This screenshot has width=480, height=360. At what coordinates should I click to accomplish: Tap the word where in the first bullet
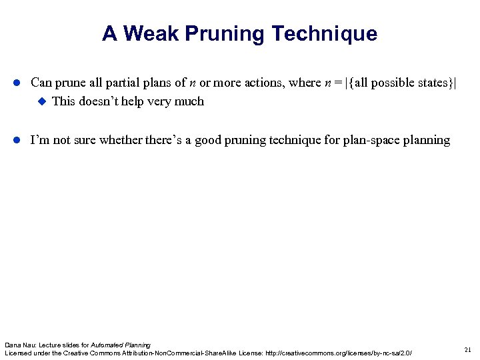[304, 83]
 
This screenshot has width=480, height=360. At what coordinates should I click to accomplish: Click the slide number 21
[467, 349]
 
